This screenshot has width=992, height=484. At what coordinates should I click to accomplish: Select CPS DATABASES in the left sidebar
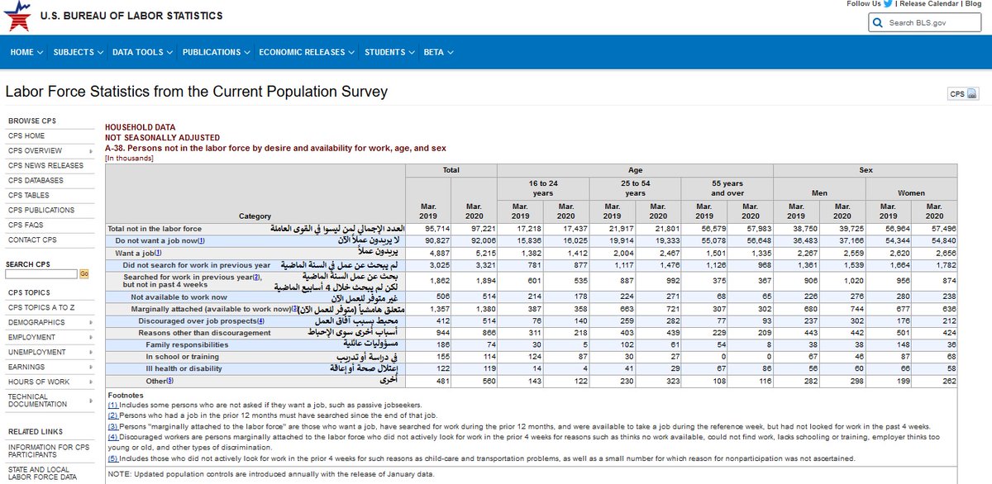(36, 180)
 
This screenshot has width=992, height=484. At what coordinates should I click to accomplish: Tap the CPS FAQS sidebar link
(26, 225)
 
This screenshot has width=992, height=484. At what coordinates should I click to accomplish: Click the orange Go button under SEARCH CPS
(84, 273)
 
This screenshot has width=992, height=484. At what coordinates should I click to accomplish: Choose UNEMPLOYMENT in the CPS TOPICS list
(36, 352)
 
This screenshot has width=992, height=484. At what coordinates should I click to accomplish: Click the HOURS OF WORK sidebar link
(39, 382)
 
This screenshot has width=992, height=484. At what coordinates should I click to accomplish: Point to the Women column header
(911, 193)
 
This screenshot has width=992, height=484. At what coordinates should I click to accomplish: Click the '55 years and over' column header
(727, 187)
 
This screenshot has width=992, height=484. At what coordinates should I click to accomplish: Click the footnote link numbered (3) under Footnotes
(113, 426)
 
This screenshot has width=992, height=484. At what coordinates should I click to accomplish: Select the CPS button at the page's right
(962, 94)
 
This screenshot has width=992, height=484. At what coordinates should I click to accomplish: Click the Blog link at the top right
(972, 4)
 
